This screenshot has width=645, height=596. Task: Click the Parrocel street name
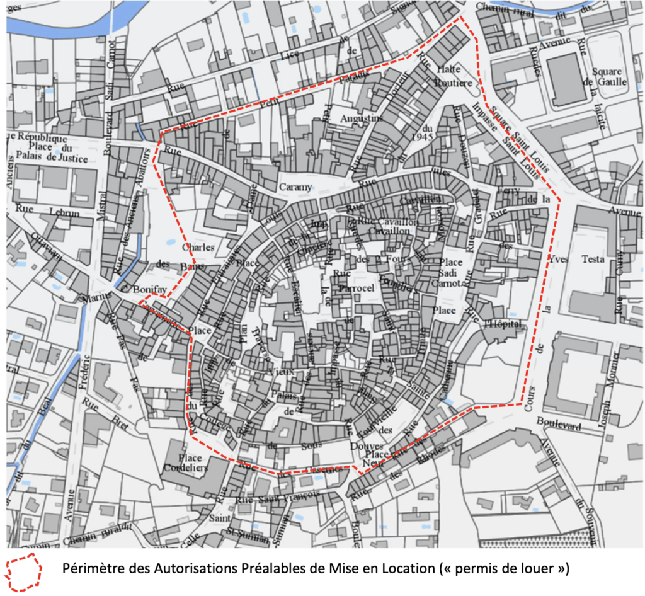click(x=357, y=287)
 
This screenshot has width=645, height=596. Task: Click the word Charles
click(x=198, y=248)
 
